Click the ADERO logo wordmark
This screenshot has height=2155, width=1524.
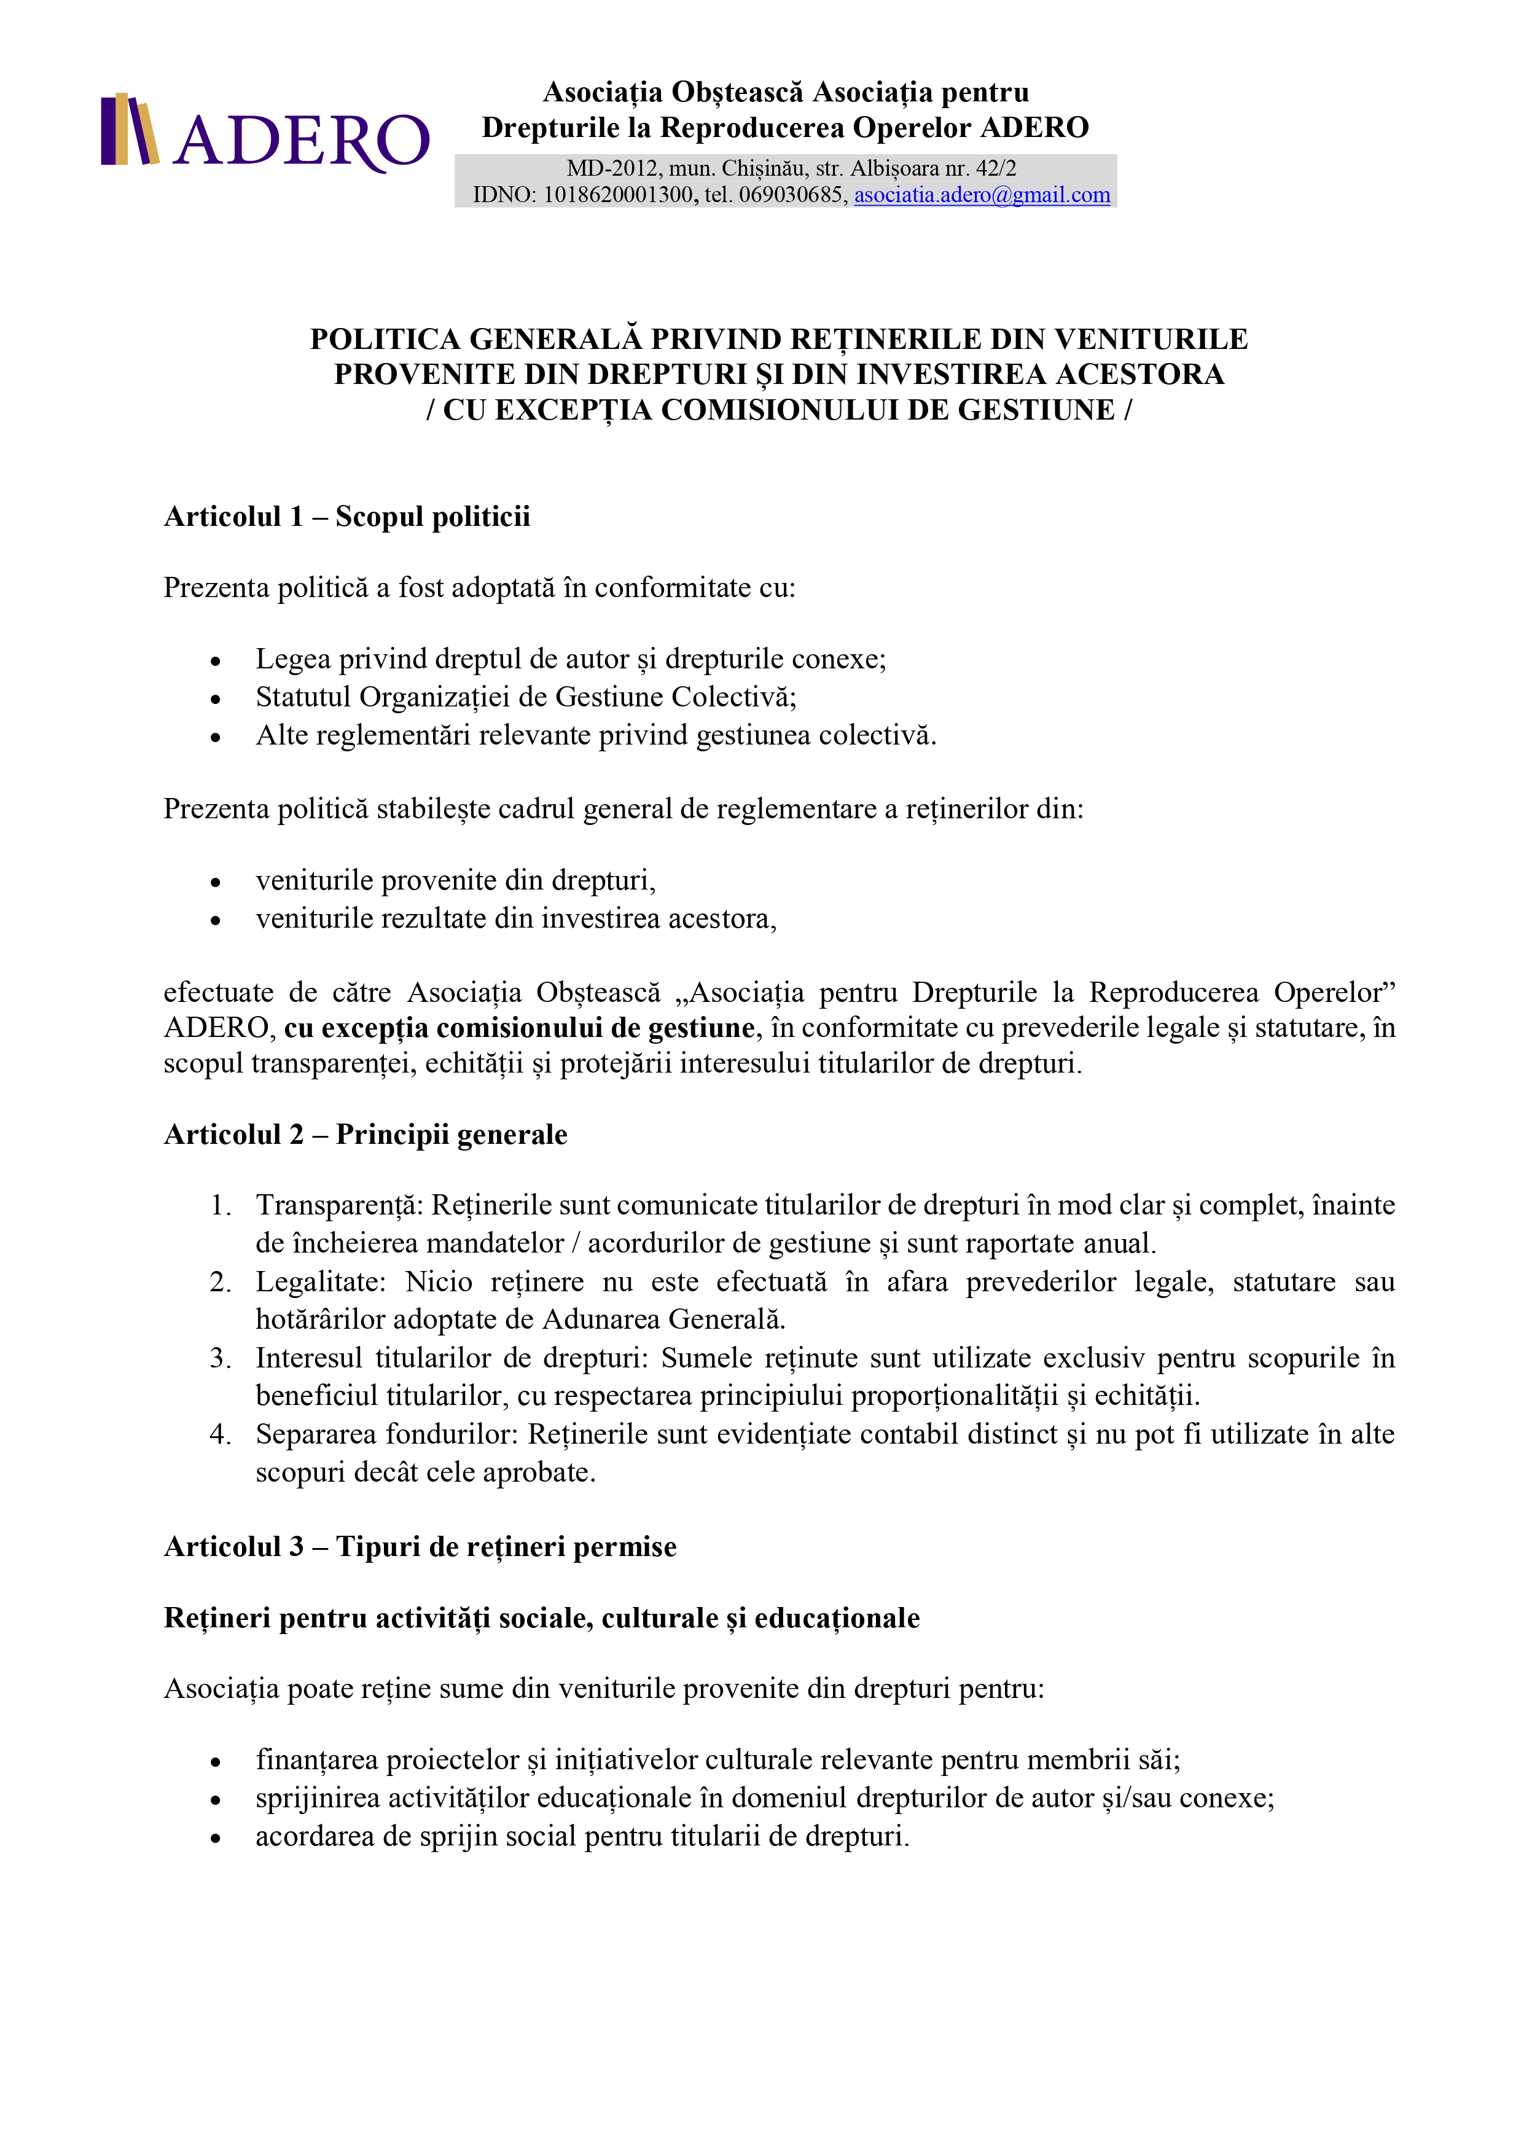300,141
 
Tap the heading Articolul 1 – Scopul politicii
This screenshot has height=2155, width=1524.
346,516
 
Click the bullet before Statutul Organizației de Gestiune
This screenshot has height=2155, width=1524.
216,699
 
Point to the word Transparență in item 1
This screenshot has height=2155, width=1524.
340,1205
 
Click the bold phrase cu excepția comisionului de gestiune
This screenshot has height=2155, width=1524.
519,1028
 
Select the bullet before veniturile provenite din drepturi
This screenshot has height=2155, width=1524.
216,882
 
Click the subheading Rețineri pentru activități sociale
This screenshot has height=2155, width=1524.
541,1617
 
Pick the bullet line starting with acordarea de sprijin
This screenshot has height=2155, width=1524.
582,1836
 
